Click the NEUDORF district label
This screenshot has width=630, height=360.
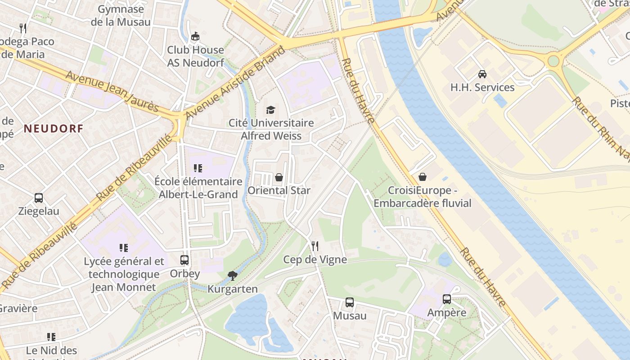(x=54, y=129)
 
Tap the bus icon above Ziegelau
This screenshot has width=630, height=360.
(x=39, y=198)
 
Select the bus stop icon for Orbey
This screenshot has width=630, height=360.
(x=184, y=260)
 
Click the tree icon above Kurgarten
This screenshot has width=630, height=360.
(x=233, y=275)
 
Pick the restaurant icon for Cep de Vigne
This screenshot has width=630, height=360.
(x=315, y=246)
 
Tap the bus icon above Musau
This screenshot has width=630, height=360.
(x=350, y=302)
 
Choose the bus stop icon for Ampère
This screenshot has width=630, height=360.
(x=447, y=299)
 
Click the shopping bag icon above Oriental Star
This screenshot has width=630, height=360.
(x=279, y=177)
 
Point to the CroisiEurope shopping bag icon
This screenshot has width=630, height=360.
(x=423, y=177)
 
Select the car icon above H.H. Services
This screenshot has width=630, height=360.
(x=482, y=74)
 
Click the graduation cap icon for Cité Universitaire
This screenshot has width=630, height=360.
(x=270, y=110)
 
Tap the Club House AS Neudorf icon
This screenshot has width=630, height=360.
(x=195, y=36)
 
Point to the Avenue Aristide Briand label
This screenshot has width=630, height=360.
(x=235, y=83)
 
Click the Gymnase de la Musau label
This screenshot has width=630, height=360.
(x=121, y=15)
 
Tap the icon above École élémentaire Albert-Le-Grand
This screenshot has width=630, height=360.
(x=198, y=168)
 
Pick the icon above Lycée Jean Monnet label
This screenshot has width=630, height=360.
(x=124, y=247)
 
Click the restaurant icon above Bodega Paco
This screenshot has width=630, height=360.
(x=23, y=28)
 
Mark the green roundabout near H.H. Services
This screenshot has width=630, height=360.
(x=553, y=60)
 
